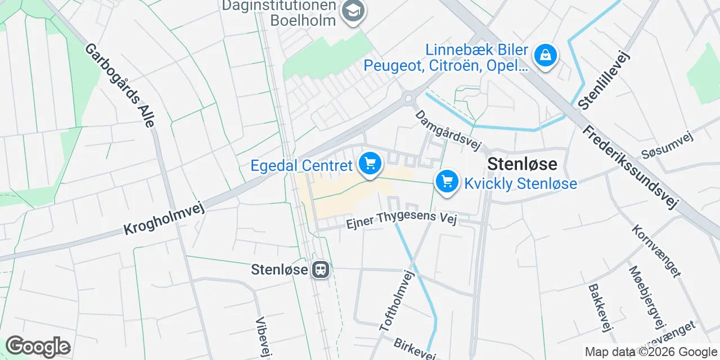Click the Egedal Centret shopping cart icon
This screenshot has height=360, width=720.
pos(370,164)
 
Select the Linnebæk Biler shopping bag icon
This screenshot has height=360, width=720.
pos(545,55)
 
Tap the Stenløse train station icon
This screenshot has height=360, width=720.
pos(321,269)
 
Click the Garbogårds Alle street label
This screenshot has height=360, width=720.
pos(119,85)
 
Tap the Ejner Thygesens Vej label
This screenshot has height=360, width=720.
pos(400,220)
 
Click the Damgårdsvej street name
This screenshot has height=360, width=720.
pos(449,130)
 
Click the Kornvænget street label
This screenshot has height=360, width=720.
pos(656,251)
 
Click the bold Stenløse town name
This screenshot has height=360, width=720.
pos(523,164)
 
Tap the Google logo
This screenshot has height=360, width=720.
pos(38,346)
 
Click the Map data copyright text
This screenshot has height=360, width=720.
pos(651,352)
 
